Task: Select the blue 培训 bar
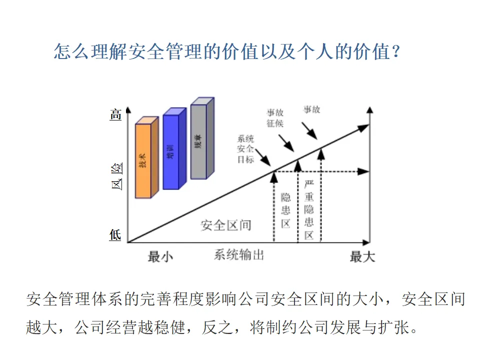click(x=171, y=152)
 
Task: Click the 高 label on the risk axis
click(x=115, y=115)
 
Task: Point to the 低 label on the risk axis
click(x=115, y=234)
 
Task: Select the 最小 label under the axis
click(x=160, y=257)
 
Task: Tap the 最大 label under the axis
click(x=362, y=257)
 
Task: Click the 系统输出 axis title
click(x=238, y=255)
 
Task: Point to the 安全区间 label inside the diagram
click(x=226, y=225)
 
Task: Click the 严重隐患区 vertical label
click(x=309, y=209)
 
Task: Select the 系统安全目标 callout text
click(x=245, y=149)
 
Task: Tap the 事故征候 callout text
click(x=274, y=118)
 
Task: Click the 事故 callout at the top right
click(x=312, y=109)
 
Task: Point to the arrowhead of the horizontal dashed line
click(x=364, y=172)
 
